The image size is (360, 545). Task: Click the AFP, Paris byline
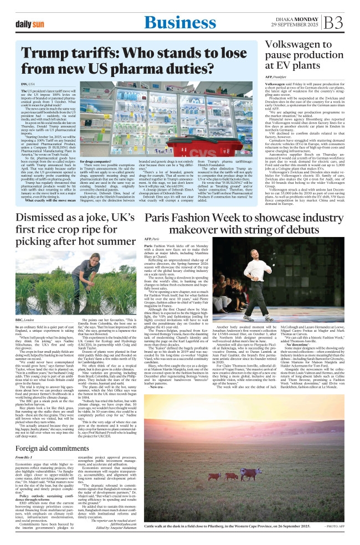tap(152, 237)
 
